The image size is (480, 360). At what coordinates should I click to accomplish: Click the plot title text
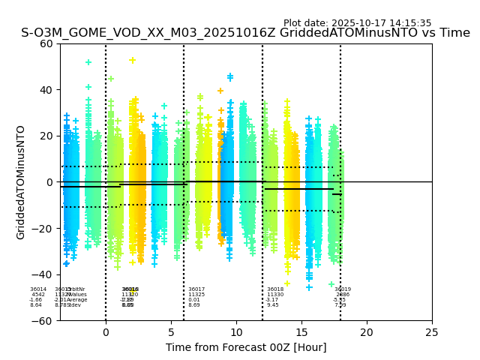245,33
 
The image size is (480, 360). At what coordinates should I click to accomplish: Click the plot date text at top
357,23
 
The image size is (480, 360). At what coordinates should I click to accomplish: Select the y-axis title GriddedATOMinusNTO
21,182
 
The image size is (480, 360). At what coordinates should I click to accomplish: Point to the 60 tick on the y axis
46,43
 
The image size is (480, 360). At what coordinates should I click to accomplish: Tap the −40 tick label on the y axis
43,274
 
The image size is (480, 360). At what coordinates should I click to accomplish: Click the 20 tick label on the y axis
46,136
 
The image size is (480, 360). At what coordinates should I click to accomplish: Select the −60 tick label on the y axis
43,320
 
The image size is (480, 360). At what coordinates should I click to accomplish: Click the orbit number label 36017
196,289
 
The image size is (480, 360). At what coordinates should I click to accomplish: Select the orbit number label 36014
38,289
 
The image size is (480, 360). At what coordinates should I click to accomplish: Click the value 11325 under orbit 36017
196,295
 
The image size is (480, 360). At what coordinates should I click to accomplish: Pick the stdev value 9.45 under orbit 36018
273,305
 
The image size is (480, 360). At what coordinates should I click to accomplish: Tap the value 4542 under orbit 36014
38,295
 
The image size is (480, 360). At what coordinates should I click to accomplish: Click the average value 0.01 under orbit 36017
194,300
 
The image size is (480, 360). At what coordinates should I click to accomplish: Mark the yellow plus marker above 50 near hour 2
133,61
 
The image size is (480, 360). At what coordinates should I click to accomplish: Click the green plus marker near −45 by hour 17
331,284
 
